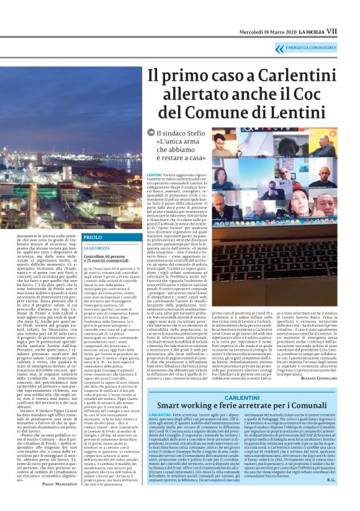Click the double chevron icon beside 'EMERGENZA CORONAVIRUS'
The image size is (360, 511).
pyautogui.click(x=280, y=48)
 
